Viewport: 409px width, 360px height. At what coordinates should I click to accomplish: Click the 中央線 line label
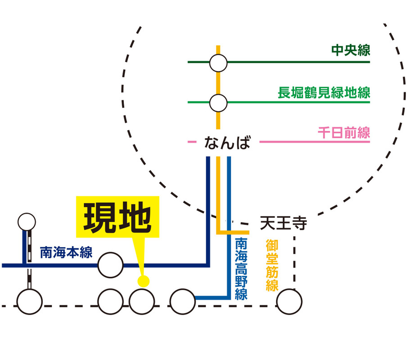(350, 50)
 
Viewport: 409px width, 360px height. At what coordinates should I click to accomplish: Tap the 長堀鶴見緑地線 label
(324, 93)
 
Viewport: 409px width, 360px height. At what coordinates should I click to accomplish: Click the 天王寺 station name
(284, 223)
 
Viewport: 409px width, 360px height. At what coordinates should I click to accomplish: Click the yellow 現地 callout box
(118, 216)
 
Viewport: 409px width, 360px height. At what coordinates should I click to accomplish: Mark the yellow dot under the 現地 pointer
(143, 282)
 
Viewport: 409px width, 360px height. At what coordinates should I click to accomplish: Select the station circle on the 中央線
(218, 63)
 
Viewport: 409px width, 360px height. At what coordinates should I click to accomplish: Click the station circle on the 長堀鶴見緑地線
(218, 103)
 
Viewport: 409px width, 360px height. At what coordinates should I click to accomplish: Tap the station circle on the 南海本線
(110, 265)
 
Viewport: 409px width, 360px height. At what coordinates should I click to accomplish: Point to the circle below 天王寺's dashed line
(289, 302)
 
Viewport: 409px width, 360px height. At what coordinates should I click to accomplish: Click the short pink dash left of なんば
(191, 143)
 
